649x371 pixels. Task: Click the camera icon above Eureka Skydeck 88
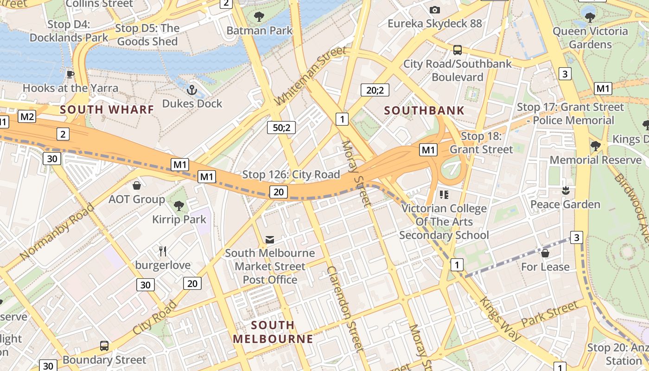click(x=434, y=10)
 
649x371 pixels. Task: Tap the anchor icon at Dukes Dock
click(x=192, y=90)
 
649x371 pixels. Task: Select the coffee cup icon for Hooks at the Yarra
click(x=70, y=74)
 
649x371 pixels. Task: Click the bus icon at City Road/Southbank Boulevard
click(x=457, y=50)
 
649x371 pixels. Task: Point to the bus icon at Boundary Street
click(x=104, y=346)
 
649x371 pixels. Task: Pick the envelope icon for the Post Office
click(x=269, y=239)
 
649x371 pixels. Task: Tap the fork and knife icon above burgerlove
click(x=163, y=251)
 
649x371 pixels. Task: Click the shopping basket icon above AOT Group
click(x=137, y=186)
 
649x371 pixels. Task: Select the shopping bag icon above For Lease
click(x=545, y=253)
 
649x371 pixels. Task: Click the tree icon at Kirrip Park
click(x=178, y=205)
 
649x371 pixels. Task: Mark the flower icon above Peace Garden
click(x=565, y=191)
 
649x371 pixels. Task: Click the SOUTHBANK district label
click(x=424, y=110)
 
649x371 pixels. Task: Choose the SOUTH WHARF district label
click(x=107, y=110)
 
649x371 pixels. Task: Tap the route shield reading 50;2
click(x=281, y=127)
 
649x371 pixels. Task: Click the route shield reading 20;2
click(x=375, y=90)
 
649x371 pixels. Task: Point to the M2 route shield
click(x=27, y=116)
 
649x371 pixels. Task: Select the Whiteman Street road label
click(x=310, y=76)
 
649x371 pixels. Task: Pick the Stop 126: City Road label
click(x=291, y=175)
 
